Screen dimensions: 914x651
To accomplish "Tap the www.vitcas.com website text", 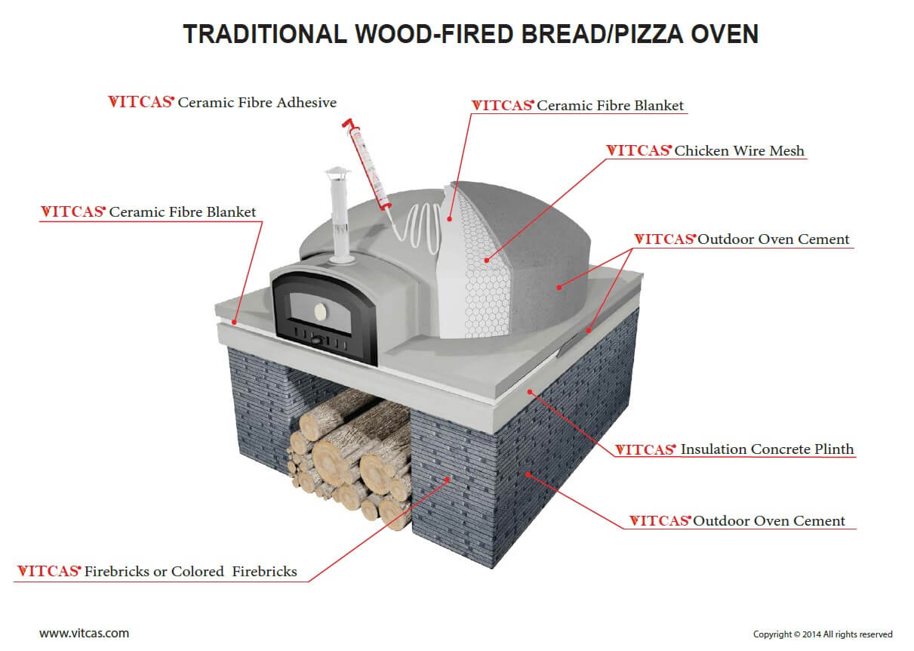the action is (x=84, y=634).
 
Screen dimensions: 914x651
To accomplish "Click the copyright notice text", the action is (x=823, y=634).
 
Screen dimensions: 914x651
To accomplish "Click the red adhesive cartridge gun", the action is (x=367, y=164).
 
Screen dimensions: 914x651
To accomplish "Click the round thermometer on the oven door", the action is (x=320, y=312).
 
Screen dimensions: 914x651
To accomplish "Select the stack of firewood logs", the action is (x=350, y=458).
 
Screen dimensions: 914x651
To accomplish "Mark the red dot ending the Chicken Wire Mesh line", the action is (x=486, y=260).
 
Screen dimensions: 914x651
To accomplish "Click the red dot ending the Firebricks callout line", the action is (x=448, y=479).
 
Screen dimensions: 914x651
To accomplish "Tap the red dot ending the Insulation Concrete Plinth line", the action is (x=530, y=392).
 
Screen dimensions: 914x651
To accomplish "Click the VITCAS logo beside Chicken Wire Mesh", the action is (x=639, y=151).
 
